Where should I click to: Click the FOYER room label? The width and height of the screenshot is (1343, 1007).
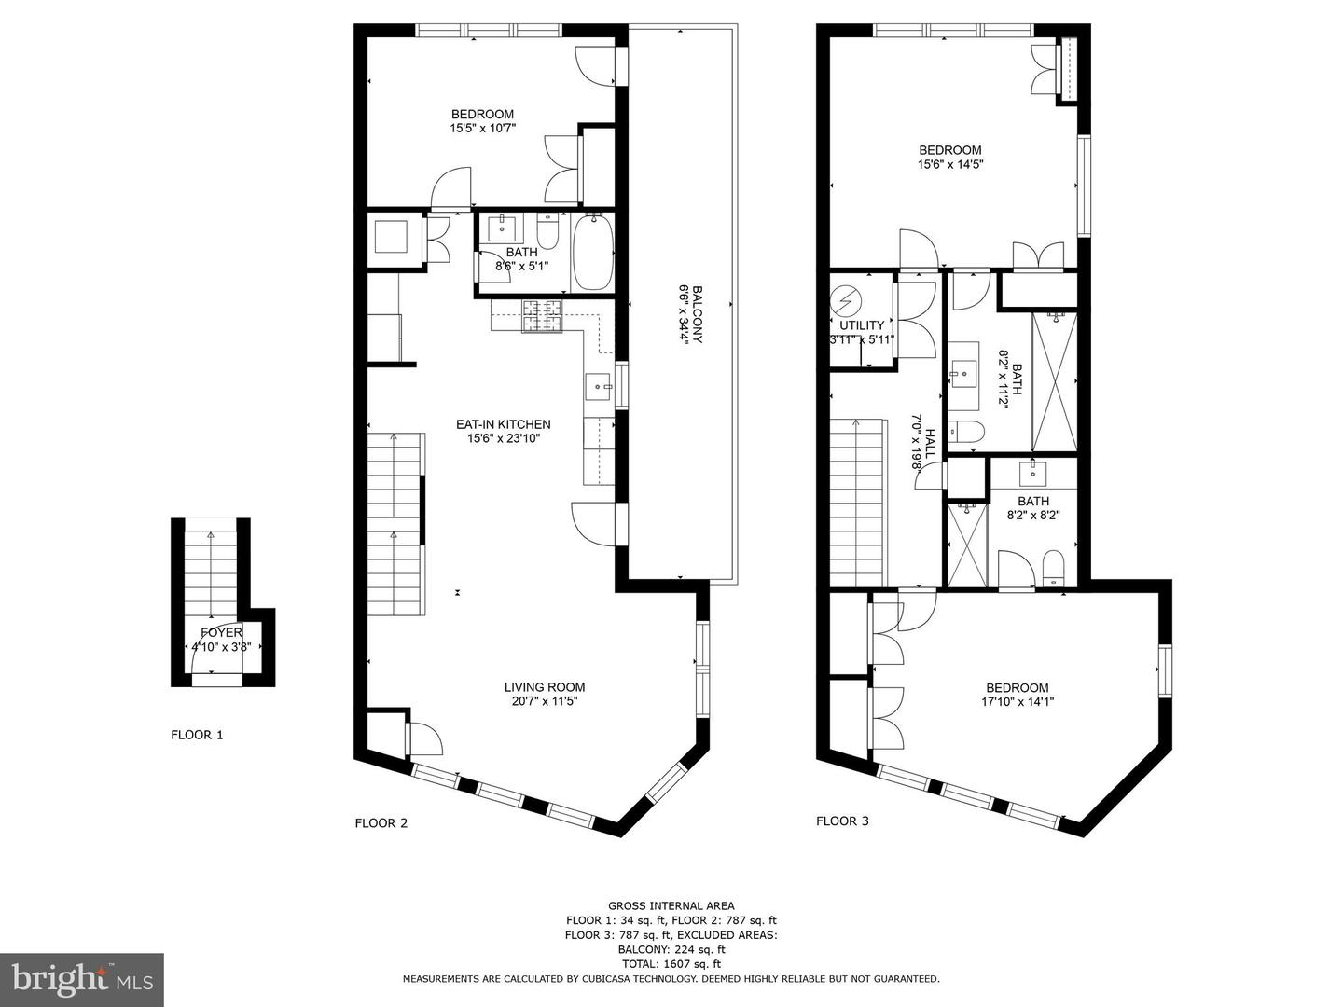click(221, 632)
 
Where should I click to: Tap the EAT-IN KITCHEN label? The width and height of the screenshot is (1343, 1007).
click(503, 424)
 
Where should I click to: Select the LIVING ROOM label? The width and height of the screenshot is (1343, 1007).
click(545, 687)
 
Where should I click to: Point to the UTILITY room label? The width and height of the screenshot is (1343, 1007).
click(861, 325)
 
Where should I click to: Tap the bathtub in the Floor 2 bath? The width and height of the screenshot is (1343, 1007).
click(591, 253)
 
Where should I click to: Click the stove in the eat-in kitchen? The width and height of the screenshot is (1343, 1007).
click(542, 316)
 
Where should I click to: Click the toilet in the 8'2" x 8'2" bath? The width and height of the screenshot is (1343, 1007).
click(1054, 567)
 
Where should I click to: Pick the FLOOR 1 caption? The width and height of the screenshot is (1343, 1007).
click(197, 735)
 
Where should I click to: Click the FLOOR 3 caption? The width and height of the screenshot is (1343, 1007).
click(842, 821)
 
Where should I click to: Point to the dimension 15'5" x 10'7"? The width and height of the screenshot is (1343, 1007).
click(482, 129)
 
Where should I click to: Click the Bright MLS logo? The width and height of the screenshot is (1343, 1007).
click(82, 979)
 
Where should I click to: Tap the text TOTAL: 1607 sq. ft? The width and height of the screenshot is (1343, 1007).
click(671, 964)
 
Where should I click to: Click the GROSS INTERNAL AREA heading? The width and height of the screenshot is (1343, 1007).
click(671, 905)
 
